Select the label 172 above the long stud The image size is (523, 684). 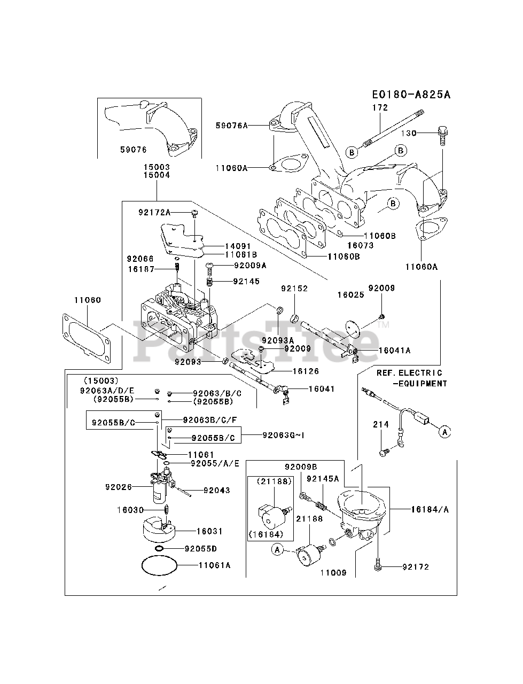click(380, 107)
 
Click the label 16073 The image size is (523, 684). click(360, 245)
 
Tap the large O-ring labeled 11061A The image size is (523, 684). click(159, 565)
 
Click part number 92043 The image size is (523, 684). click(217, 490)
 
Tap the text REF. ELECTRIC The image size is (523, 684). click(409, 372)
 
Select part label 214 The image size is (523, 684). click(380, 424)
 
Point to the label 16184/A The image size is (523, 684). click(430, 509)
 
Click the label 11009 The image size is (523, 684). click(333, 573)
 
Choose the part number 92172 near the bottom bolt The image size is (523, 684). click(417, 566)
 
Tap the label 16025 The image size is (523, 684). click(350, 294)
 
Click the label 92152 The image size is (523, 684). click(294, 289)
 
